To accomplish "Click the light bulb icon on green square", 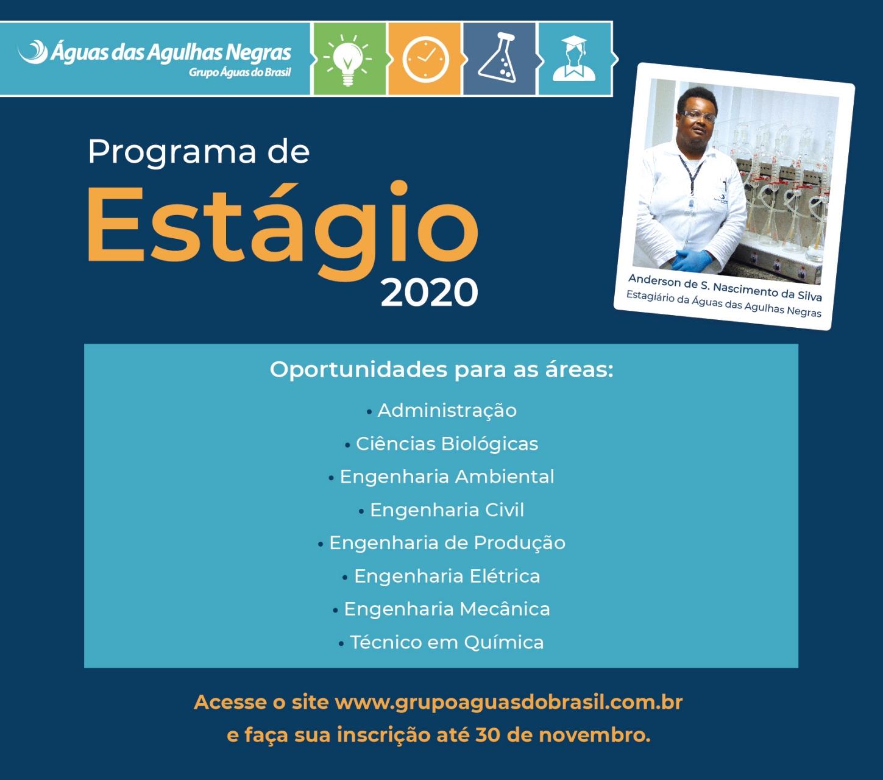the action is [x=347, y=60].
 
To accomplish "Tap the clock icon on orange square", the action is [x=425, y=60].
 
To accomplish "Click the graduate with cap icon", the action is [x=574, y=58].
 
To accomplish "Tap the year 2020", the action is [x=429, y=293].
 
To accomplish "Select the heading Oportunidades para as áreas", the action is [x=441, y=370].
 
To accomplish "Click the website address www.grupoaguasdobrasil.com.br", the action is [x=509, y=703].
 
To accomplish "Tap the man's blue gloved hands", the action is [x=692, y=260].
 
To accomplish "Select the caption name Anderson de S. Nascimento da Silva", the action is [x=725, y=288].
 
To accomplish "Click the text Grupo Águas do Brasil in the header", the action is [x=239, y=73].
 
